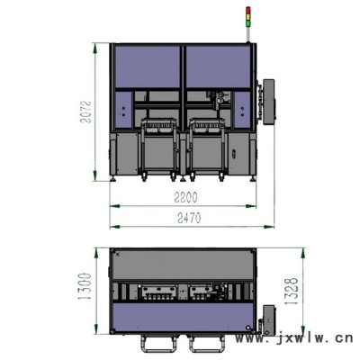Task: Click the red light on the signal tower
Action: pos(247,10)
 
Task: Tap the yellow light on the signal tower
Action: pos(247,16)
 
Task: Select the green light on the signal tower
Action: pos(247,22)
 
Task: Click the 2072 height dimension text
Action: pos(86,112)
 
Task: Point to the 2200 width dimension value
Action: pos(185,197)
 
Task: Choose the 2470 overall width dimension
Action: pos(189,218)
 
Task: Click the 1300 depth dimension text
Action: pos(85,286)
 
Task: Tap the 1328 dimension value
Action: pos(292,291)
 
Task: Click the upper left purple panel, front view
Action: pos(148,67)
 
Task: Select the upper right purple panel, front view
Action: pos(218,67)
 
